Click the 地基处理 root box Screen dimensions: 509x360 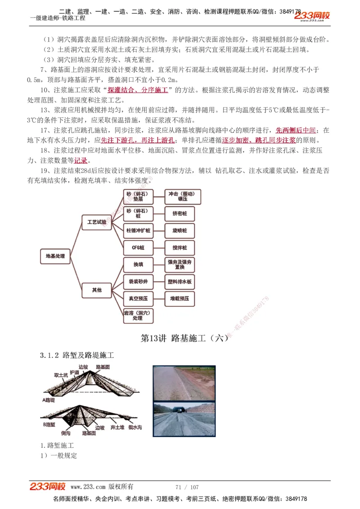pyautogui.click(x=55, y=256)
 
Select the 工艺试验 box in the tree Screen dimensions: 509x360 pyautogui.click(x=97, y=222)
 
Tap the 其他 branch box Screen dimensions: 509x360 pyautogui.click(x=97, y=290)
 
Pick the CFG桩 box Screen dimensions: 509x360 pyautogui.click(x=138, y=248)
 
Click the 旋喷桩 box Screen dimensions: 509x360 pyautogui.click(x=180, y=231)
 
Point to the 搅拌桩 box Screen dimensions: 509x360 pyautogui.click(x=180, y=248)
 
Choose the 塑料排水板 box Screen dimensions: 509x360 pyautogui.click(x=180, y=282)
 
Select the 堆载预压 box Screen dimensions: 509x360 pyautogui.click(x=180, y=299)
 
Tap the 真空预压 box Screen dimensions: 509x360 pyautogui.click(x=138, y=299)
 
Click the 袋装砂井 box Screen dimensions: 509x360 pyautogui.click(x=138, y=282)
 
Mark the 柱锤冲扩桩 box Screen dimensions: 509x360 pyautogui.click(x=138, y=231)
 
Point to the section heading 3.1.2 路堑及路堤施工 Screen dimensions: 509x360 pyautogui.click(x=77, y=356)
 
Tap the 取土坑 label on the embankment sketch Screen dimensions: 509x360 pyautogui.click(x=61, y=375)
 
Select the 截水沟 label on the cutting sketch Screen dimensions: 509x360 pyautogui.click(x=135, y=427)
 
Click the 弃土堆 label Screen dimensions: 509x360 pyautogui.click(x=118, y=427)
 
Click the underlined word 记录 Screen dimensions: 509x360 pyautogui.click(x=81, y=161)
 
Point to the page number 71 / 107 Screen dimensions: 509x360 pyautogui.click(x=187, y=487)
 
